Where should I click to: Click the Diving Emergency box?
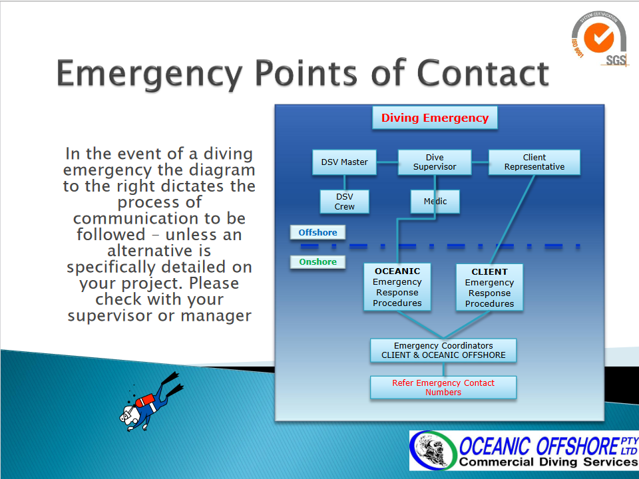point(435,118)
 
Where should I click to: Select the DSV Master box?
point(344,162)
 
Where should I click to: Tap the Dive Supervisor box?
point(435,162)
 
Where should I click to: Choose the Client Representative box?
point(534,162)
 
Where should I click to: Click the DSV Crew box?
point(344,202)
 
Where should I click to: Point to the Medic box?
point(435,202)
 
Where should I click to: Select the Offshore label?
point(318,232)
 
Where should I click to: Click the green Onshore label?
point(318,261)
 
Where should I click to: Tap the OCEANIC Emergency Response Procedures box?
point(397,287)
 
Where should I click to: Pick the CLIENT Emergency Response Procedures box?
point(489,287)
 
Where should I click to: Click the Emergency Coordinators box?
point(443,351)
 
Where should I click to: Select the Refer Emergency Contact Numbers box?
point(443,387)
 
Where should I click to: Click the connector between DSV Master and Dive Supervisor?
point(387,162)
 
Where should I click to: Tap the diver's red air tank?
point(144,400)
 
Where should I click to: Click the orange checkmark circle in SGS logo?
point(598,37)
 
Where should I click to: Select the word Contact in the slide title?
point(483,73)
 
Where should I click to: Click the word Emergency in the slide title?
point(150,75)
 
